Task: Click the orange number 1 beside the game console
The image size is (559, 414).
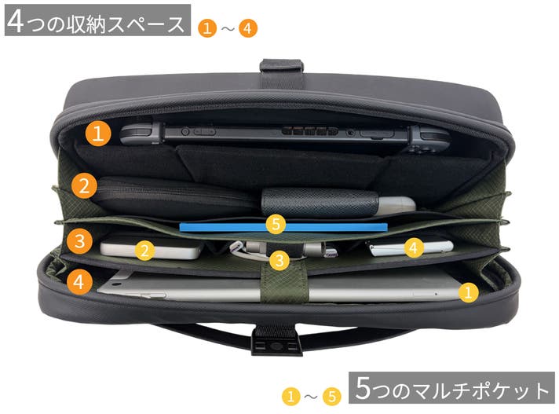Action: point(98,134)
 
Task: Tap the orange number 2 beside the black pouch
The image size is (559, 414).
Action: point(84,185)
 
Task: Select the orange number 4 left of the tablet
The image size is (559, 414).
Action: point(79,282)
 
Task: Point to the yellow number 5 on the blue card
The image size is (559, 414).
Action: point(276,224)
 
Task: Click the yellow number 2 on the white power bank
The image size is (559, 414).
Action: point(144,251)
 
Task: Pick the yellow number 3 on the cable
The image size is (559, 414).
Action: point(279,260)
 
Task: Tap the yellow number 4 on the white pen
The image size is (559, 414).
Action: point(414,247)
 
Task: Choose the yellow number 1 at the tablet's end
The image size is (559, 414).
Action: point(468,292)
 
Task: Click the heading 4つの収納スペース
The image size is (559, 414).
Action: point(97,20)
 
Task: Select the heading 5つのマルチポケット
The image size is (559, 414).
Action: point(451,388)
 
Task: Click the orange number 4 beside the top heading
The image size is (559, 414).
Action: point(248,27)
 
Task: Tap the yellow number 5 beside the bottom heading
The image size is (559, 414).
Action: point(332,397)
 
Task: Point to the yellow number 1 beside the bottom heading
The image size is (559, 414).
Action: point(291,397)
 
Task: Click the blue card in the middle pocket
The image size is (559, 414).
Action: point(283,227)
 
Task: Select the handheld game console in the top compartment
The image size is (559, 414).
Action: point(285,135)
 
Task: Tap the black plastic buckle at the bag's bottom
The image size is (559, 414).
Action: point(276,342)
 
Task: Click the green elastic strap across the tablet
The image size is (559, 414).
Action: point(284,284)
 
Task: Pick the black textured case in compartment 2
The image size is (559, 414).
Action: point(320,202)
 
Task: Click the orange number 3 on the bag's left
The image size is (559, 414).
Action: point(79,241)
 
